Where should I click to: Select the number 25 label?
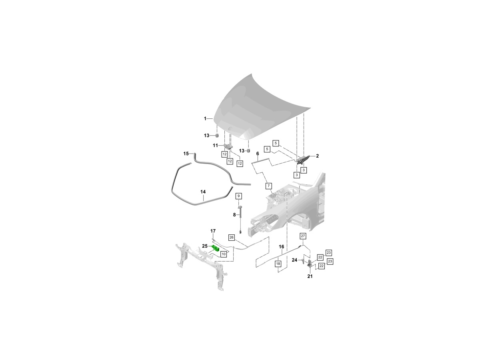coord(205,246)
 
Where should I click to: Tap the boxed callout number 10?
coord(224,254)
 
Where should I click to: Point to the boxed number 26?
coord(231,237)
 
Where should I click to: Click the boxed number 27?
coord(303,236)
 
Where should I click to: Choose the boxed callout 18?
coord(278,264)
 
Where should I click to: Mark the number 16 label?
coord(282,247)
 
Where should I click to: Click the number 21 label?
coord(310,276)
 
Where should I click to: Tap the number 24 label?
coord(294,260)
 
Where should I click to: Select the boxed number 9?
coord(238,196)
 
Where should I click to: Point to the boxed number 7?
coord(268,186)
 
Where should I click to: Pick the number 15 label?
coord(186,154)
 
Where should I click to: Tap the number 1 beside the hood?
coord(205,118)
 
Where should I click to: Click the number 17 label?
coord(213,231)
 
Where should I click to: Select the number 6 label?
coord(258,154)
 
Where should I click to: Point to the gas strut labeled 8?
coord(240,221)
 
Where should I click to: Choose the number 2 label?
coord(317,156)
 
